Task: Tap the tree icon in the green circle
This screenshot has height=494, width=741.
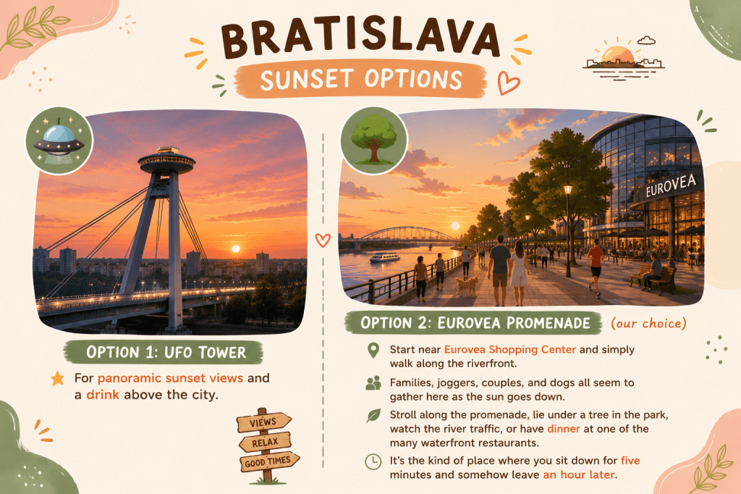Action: (x=374, y=140)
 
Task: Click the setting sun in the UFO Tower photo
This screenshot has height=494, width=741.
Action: (x=235, y=248)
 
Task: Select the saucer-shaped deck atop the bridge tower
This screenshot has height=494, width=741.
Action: (x=166, y=160)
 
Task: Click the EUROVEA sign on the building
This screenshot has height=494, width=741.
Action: (x=671, y=185)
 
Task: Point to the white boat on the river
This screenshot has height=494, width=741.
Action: (x=385, y=257)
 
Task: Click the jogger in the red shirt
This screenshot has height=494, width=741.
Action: (x=596, y=267)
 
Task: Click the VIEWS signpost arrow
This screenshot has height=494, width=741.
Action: (x=263, y=422)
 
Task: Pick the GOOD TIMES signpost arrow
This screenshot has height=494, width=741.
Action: (x=269, y=461)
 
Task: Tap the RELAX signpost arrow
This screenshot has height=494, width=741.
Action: (x=265, y=442)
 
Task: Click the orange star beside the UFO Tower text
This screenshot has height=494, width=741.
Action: (x=58, y=378)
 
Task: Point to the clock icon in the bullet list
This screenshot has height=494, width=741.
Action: (x=373, y=461)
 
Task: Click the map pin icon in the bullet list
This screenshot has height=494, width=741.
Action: (x=373, y=350)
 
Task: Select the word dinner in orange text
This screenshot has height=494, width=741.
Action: (x=563, y=429)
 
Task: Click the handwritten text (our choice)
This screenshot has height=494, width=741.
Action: (x=648, y=323)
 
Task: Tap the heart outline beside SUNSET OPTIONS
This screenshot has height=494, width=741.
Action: (x=508, y=83)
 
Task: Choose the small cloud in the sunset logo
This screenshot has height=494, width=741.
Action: (x=646, y=41)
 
